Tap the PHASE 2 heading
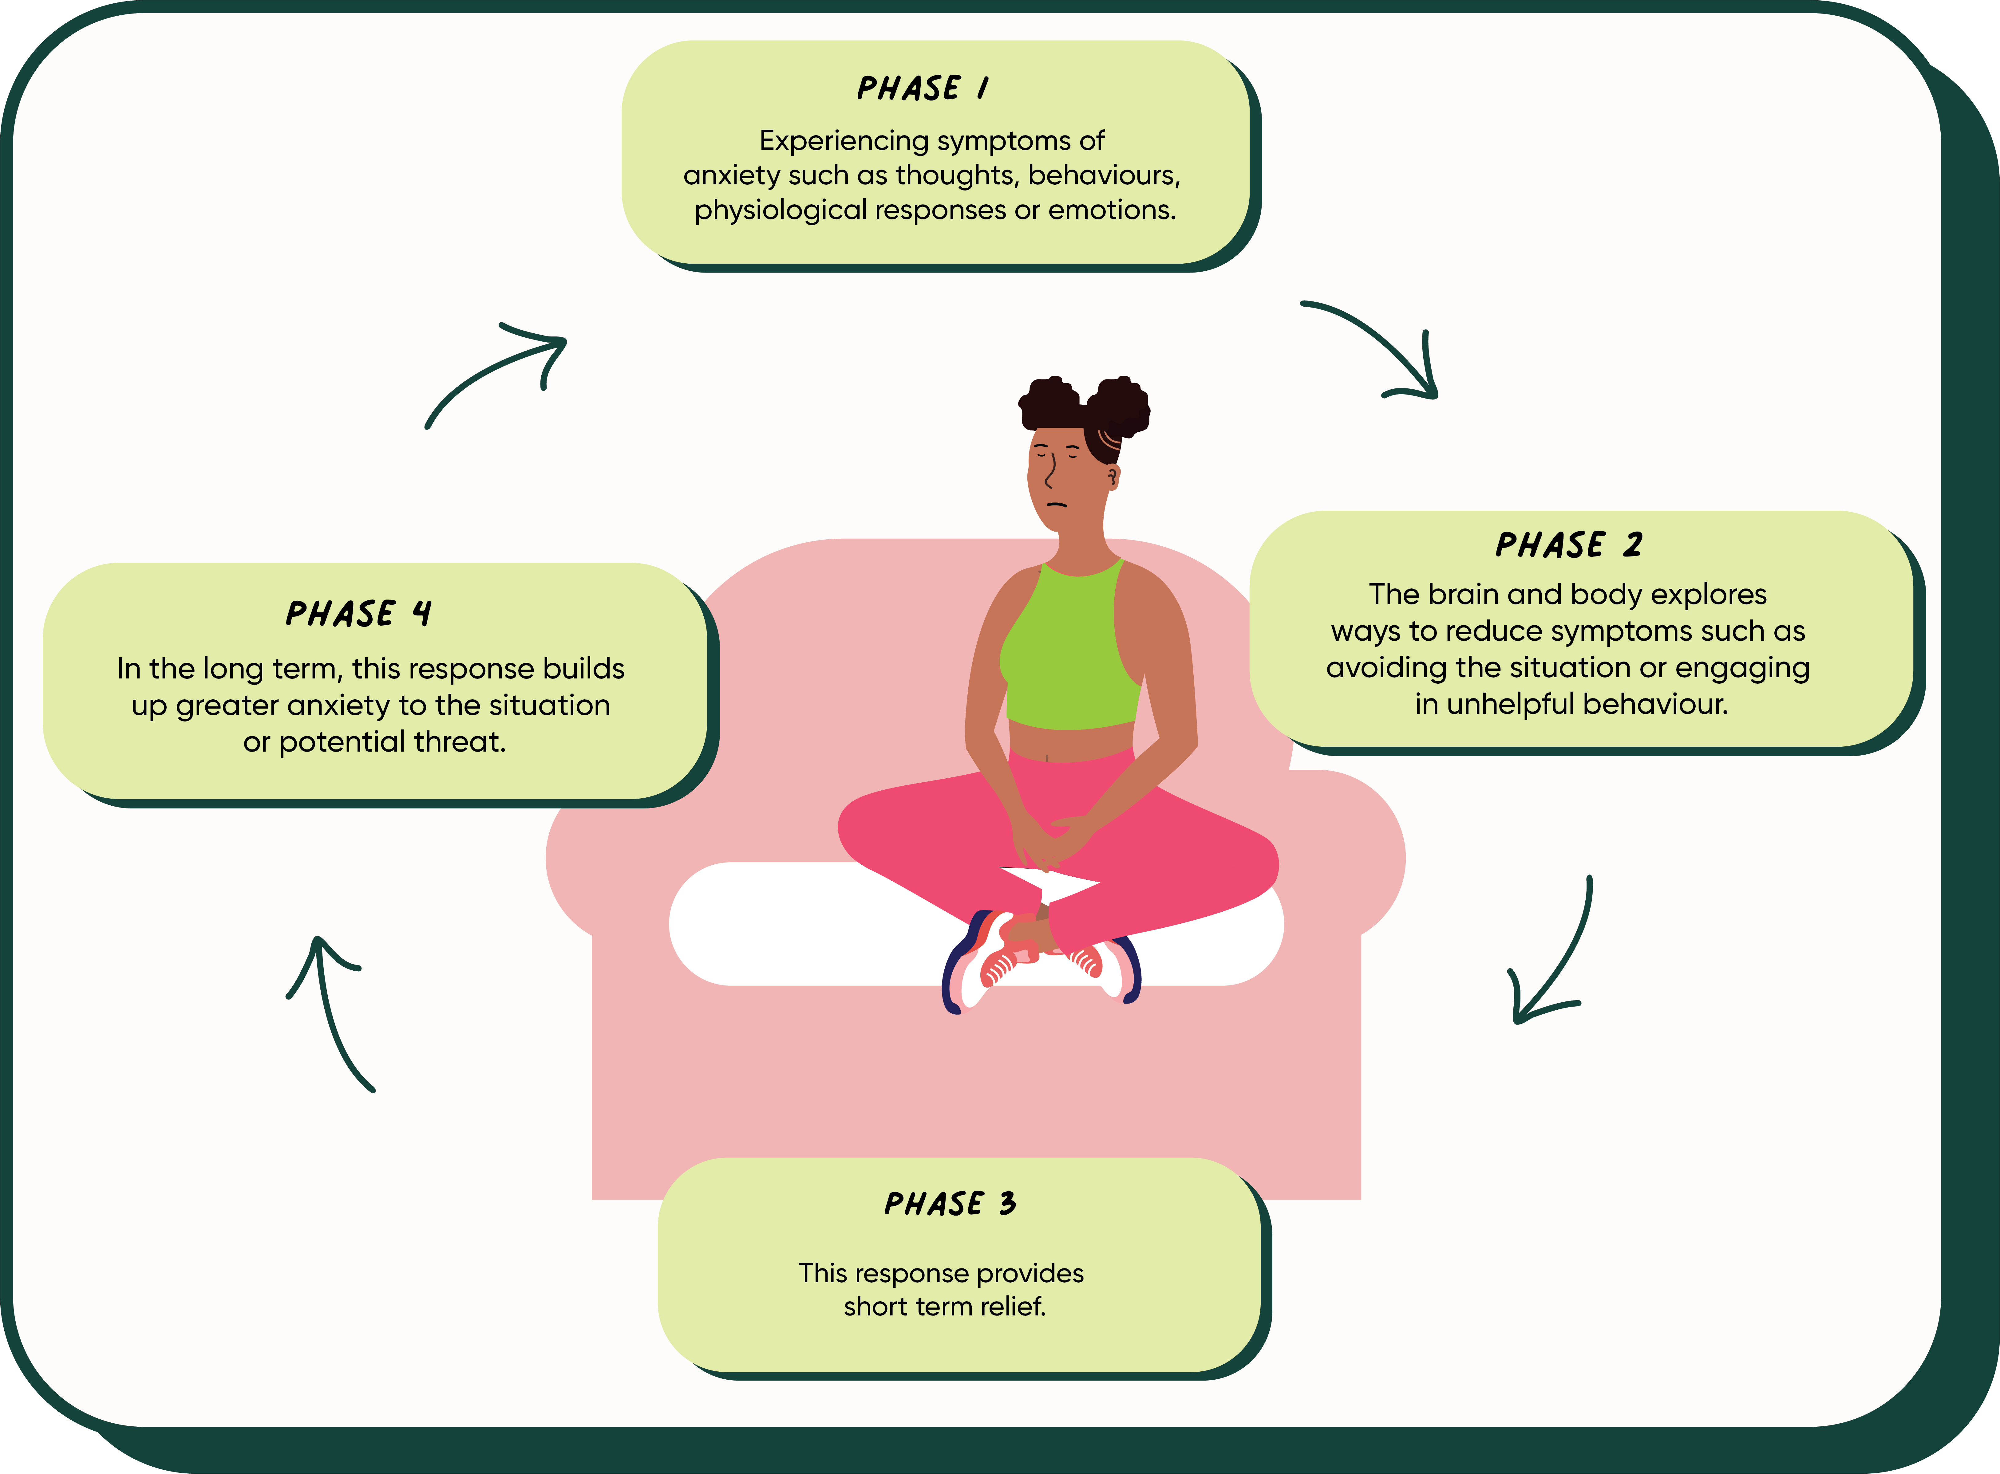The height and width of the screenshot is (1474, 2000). click(x=1568, y=544)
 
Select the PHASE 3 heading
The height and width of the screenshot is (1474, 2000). click(x=950, y=1204)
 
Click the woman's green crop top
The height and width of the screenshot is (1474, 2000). click(x=1071, y=651)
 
